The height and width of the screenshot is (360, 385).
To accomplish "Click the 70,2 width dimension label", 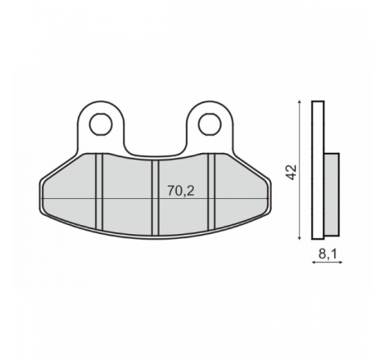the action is (181, 191).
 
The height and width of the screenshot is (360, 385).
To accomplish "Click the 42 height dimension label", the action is (291, 172).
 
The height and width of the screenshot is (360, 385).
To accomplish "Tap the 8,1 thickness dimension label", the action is (328, 254).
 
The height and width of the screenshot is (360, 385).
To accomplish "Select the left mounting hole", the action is (101, 125).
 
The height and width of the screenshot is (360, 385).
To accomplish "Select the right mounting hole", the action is (210, 125).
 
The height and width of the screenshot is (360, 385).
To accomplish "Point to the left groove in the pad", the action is (99, 191).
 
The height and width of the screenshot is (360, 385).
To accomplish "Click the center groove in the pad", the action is (156, 198).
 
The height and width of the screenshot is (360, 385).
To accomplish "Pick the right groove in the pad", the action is (211, 191).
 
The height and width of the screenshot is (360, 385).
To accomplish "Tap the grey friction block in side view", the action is (332, 194).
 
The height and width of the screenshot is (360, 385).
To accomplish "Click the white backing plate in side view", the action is (318, 170).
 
